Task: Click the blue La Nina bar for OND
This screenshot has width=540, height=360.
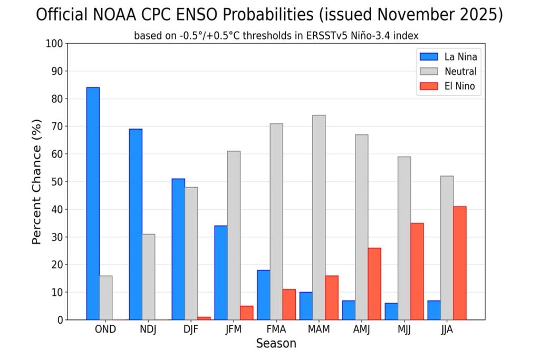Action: tap(93, 203)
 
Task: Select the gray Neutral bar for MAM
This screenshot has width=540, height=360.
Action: tap(319, 217)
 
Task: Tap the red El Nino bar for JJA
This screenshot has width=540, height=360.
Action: tap(459, 263)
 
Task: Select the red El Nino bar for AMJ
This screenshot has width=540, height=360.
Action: tap(374, 284)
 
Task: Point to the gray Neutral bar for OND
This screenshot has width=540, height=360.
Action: tap(105, 298)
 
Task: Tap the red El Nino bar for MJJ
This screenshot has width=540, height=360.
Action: tap(417, 271)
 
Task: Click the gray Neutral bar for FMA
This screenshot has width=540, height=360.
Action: tap(276, 221)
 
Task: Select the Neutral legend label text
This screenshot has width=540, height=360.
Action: tap(460, 72)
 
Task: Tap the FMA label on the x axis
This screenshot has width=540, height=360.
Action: tap(276, 329)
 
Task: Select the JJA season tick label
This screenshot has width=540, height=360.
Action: tap(447, 329)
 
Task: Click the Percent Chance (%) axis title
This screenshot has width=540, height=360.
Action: tap(36, 194)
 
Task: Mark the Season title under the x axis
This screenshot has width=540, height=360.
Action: tap(276, 344)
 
